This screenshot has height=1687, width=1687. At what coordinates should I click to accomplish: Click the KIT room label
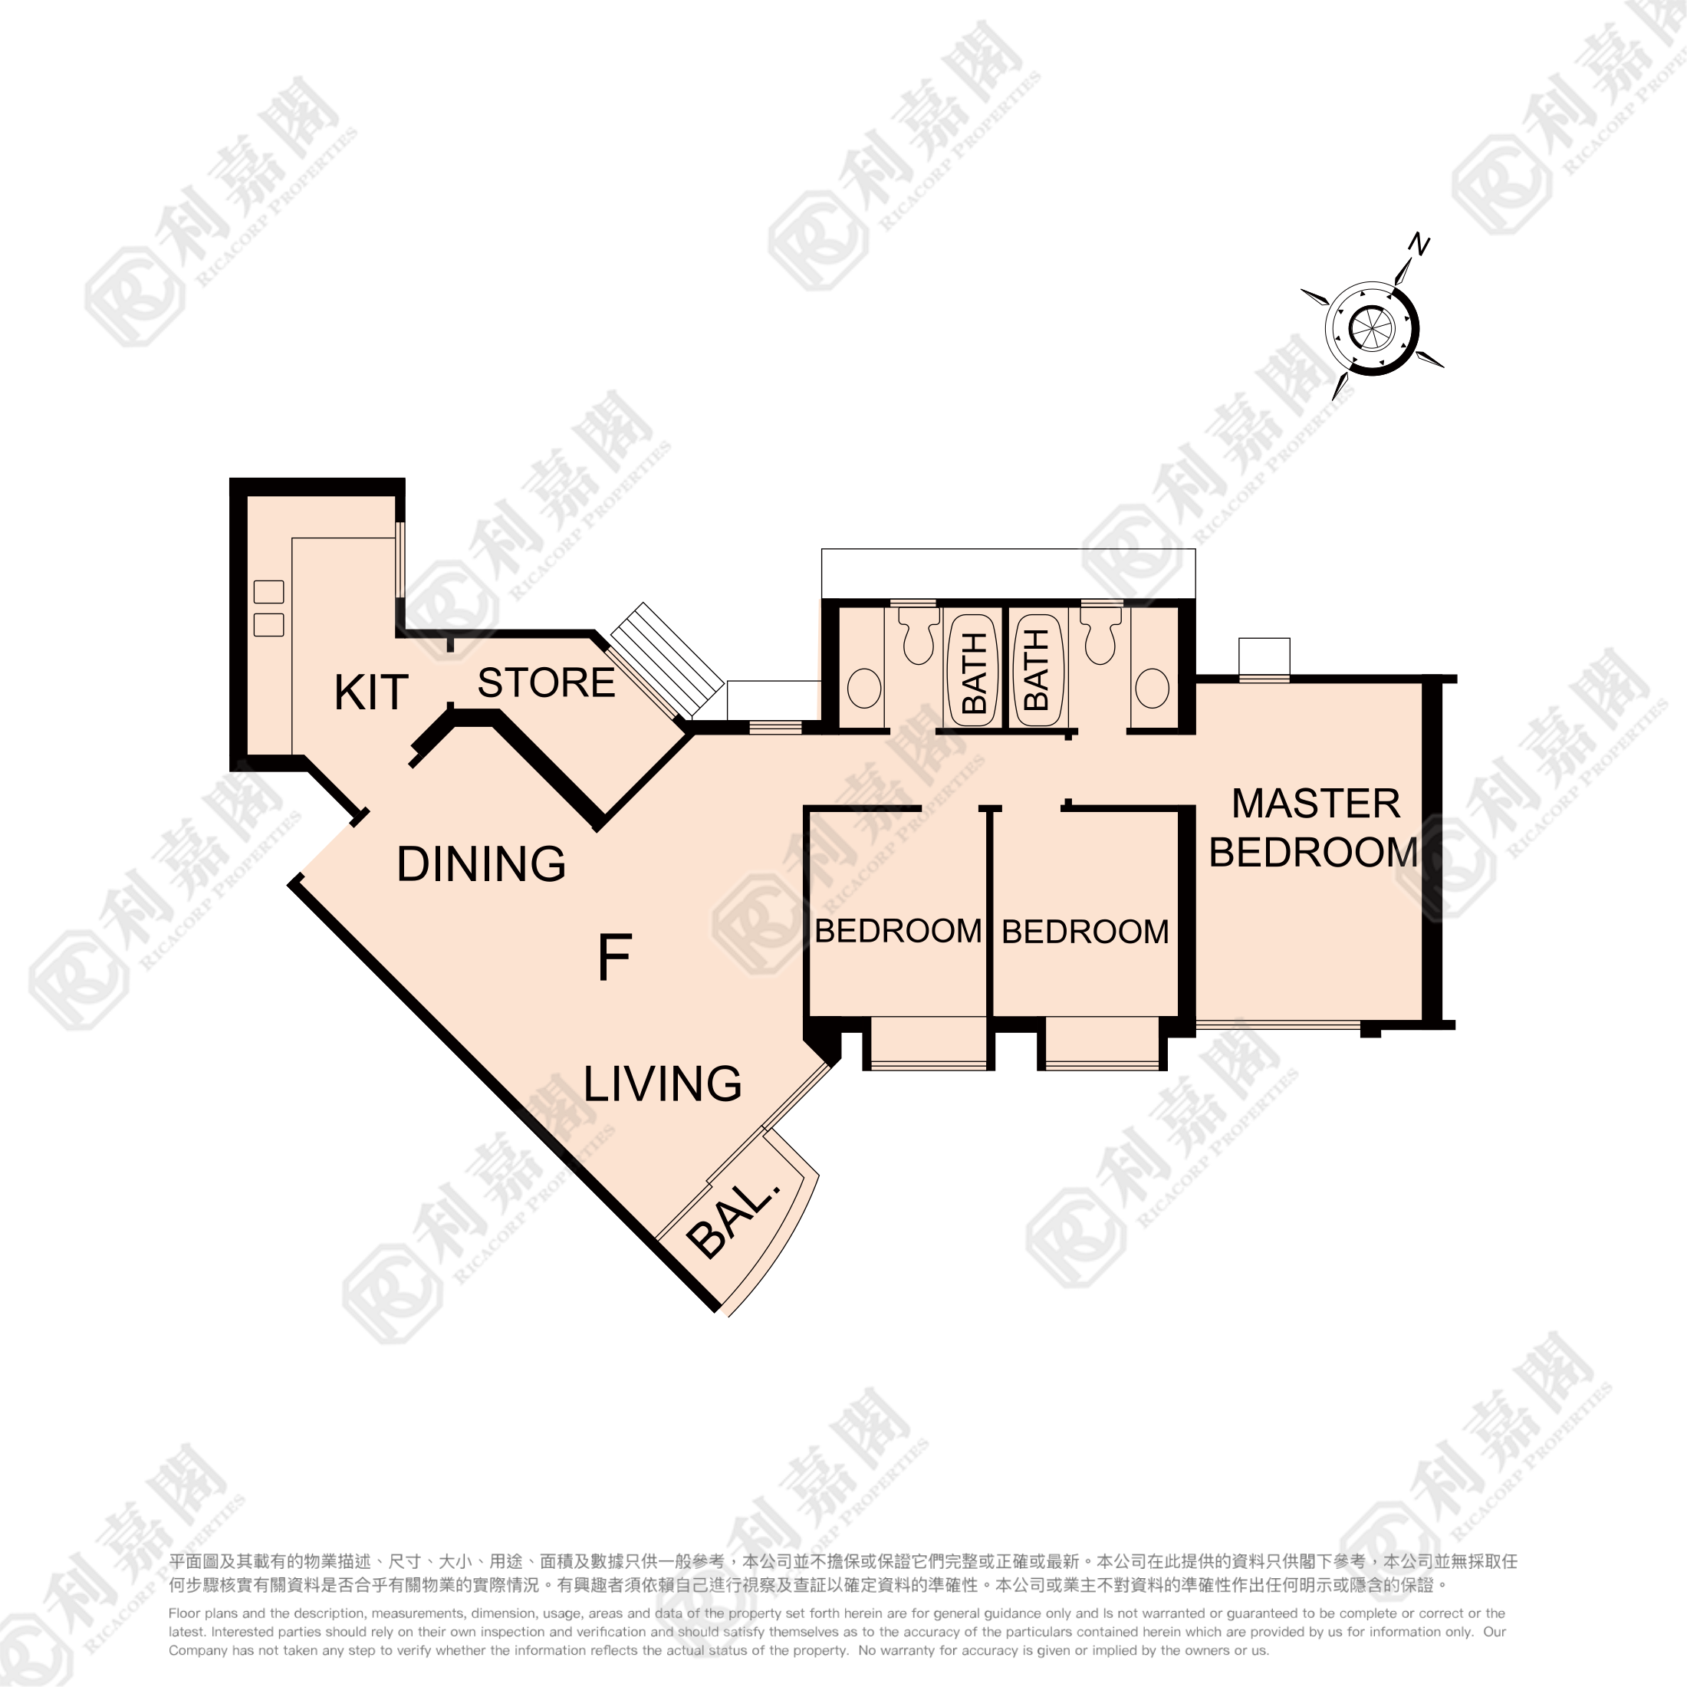click(x=371, y=693)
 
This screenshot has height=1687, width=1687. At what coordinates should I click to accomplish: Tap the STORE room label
click(x=547, y=682)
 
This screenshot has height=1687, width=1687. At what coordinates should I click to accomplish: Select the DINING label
click(x=481, y=863)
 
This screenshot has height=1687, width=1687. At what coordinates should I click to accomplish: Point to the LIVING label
click(x=663, y=1084)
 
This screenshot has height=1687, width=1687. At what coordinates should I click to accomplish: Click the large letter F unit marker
click(x=615, y=957)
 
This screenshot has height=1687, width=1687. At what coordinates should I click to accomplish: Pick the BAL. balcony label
click(x=732, y=1214)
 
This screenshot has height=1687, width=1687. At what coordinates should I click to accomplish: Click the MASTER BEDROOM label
click(x=1314, y=828)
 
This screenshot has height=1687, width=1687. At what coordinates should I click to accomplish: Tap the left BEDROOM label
click(x=899, y=931)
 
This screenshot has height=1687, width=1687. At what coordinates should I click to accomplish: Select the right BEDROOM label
click(x=1085, y=932)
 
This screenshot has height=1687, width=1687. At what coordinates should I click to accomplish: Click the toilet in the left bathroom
click(x=918, y=636)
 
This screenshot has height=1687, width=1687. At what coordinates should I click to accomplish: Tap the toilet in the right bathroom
click(x=1100, y=636)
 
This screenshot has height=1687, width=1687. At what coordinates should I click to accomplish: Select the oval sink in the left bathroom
click(x=864, y=688)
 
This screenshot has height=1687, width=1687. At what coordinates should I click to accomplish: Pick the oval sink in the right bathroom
click(x=1153, y=688)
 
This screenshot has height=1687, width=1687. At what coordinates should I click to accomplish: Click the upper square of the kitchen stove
click(x=269, y=592)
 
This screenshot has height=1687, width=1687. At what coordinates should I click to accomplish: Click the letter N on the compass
click(x=1419, y=245)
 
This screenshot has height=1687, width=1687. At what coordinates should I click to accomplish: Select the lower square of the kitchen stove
click(x=269, y=625)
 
